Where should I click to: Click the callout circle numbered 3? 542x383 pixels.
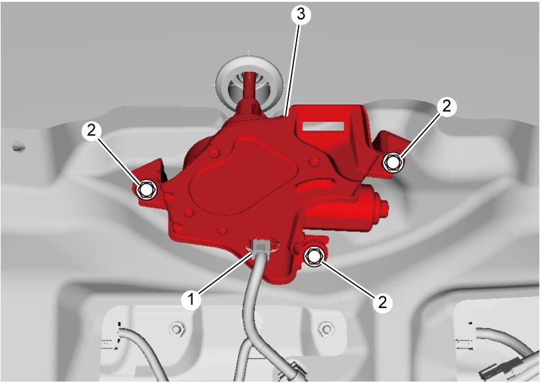point(301,14)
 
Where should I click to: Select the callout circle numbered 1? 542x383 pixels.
point(191,300)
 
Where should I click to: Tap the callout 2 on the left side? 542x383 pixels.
point(91,131)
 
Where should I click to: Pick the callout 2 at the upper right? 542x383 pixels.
point(447,106)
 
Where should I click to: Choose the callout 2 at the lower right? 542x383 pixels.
point(382,303)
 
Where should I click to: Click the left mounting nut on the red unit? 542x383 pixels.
point(147,189)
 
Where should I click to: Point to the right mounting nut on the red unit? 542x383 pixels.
point(392,162)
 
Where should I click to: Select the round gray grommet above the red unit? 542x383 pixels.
point(249,82)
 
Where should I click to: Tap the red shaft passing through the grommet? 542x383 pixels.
point(249,91)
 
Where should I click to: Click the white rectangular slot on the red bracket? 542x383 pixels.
point(324,125)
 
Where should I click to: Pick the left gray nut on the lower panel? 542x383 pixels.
point(178,328)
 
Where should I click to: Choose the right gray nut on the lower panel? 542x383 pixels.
point(326,328)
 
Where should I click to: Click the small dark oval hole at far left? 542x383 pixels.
point(18,146)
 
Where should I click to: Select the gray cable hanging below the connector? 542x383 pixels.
point(254,311)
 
